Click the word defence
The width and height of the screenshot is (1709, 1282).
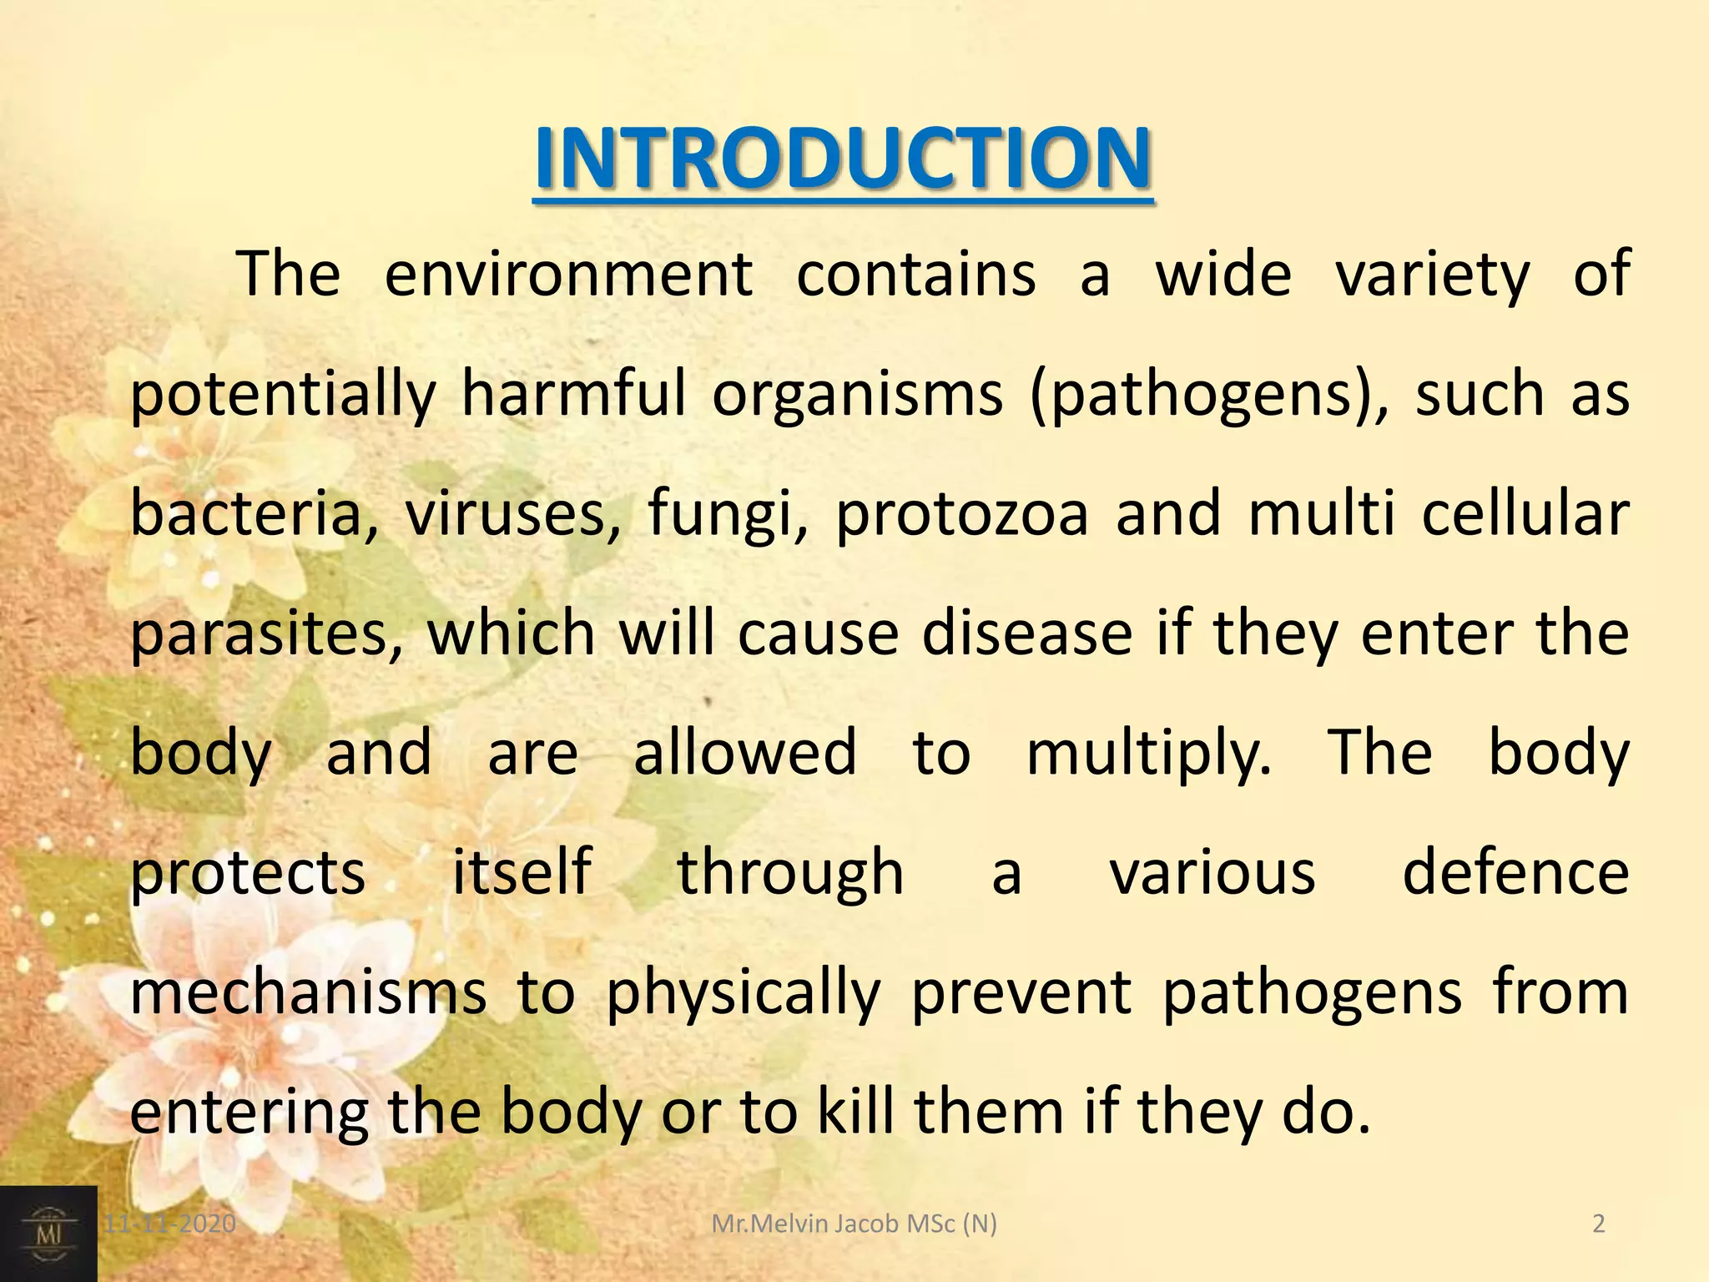1515,872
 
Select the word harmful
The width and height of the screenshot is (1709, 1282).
574,394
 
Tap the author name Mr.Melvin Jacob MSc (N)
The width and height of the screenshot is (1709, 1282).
854,1224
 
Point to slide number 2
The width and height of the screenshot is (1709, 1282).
1599,1224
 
